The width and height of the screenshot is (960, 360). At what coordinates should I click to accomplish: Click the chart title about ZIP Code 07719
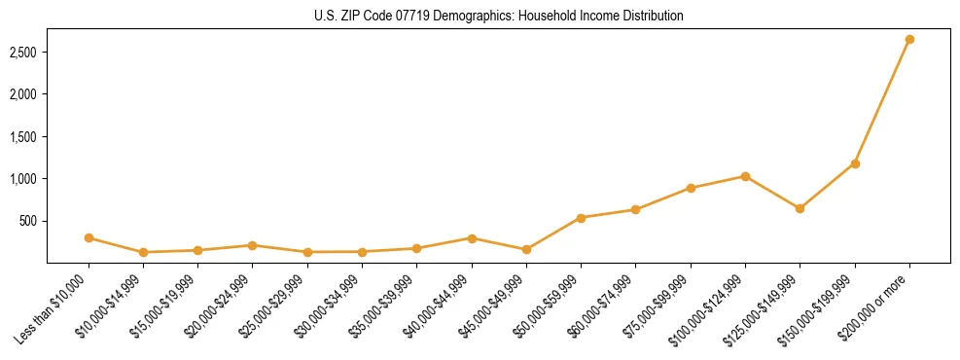coord(499,17)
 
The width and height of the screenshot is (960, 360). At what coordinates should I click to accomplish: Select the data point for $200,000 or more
coord(909,40)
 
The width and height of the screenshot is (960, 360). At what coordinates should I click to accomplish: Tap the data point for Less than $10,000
coord(89,237)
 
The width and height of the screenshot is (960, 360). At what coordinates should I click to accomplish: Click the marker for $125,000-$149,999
coord(800,208)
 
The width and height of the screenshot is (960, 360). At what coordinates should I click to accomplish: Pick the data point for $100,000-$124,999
coord(745,176)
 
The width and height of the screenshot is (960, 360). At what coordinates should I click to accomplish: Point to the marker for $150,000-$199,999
coord(855,163)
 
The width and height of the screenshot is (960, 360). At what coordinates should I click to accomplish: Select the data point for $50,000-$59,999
coord(581,218)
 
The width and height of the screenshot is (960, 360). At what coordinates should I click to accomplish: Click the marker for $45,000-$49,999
coord(526,250)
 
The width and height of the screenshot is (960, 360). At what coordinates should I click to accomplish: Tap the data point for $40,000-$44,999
coord(472,238)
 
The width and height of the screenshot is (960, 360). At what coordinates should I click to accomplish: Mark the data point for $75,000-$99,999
coord(691,188)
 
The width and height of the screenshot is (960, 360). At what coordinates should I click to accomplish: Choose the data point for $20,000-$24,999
coord(253,245)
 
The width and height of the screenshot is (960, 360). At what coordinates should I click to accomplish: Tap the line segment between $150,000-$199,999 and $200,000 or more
coord(882,101)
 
